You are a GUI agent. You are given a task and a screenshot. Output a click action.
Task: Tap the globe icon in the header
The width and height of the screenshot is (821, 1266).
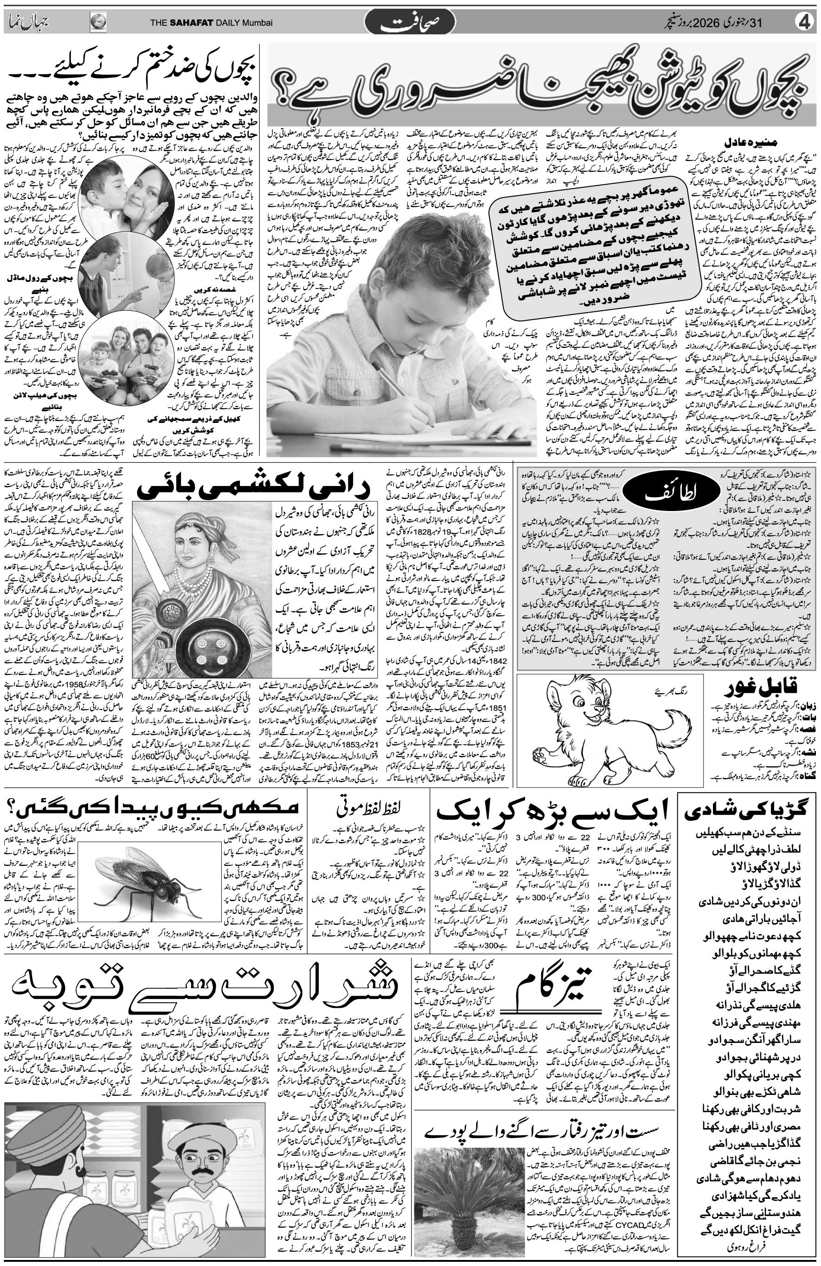98,22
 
